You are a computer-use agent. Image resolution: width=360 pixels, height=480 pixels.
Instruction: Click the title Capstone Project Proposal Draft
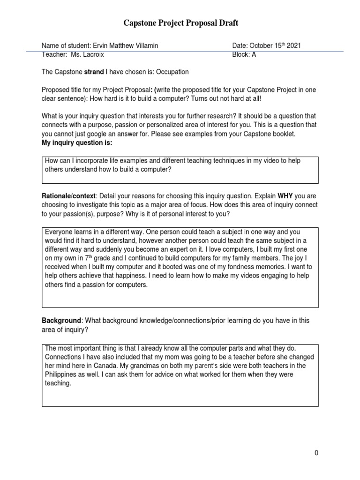pyautogui.click(x=180, y=23)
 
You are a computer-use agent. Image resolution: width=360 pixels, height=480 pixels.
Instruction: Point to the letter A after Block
pyautogui.click(x=255, y=54)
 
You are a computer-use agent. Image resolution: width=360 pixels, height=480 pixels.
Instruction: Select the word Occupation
pyautogui.click(x=172, y=72)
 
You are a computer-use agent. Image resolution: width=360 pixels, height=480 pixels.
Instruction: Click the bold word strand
pyautogui.click(x=94, y=72)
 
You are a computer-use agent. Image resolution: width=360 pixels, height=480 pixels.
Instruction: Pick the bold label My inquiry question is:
pyautogui.click(x=77, y=143)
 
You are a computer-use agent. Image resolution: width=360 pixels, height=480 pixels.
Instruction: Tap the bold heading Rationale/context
pyautogui.click(x=68, y=195)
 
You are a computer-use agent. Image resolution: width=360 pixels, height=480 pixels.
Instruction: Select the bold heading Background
pyautogui.click(x=61, y=320)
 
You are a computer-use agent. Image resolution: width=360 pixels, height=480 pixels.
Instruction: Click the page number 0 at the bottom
pyautogui.click(x=316, y=453)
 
